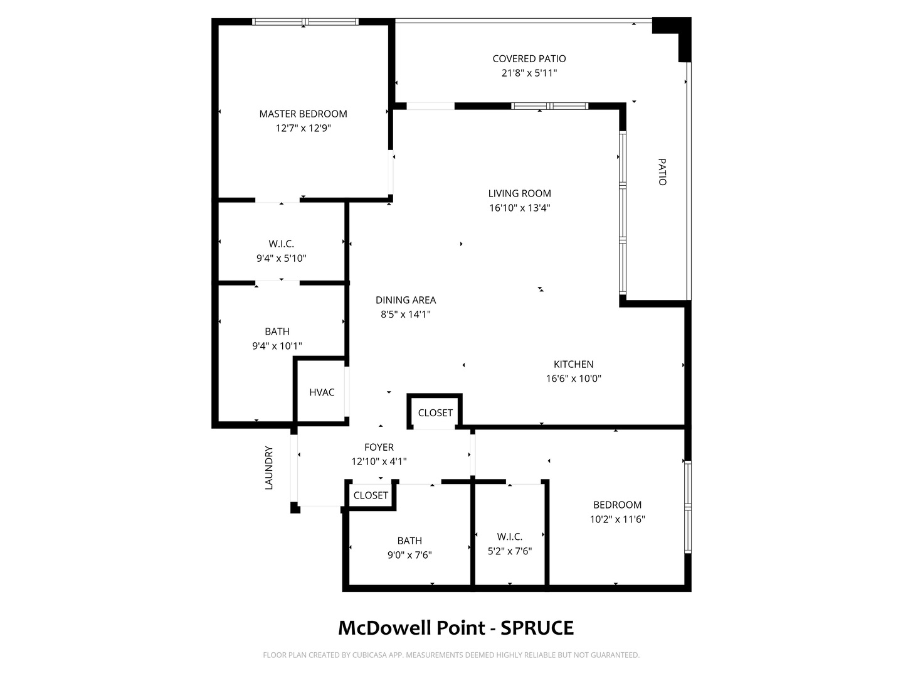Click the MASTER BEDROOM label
pos(303,114)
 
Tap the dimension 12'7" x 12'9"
pos(303,129)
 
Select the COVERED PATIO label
pos(529,59)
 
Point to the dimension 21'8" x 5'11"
pos(529,73)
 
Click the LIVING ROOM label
pos(520,193)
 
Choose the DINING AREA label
pos(406,300)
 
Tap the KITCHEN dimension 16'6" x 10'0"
pos(574,379)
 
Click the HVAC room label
pos(322,392)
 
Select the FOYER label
pos(379,447)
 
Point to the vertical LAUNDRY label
pos(268,468)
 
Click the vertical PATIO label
pos(662,172)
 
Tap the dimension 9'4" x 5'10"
pos(282,259)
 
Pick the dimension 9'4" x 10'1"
pos(277,346)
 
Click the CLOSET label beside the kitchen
pos(435,413)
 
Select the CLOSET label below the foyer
pos(371,495)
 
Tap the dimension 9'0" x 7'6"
pos(409,555)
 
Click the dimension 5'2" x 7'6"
pos(510,551)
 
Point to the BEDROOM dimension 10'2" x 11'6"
pos(617,519)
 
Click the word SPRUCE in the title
pos(537,628)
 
